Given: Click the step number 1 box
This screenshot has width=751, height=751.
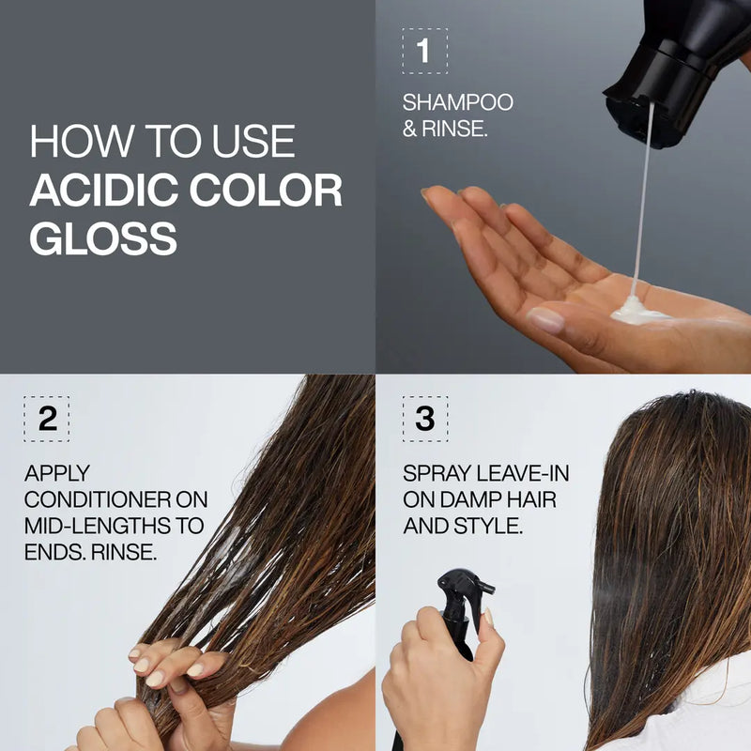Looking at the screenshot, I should [x=424, y=51].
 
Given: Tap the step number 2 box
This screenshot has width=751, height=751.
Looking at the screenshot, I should [x=46, y=419].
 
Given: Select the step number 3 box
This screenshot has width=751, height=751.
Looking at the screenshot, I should [x=424, y=419].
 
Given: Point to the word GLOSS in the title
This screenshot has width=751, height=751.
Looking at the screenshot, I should [x=103, y=238].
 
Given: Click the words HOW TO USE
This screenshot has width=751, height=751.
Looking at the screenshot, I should [x=162, y=142].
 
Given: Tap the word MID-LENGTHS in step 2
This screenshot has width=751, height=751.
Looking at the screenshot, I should [x=114, y=526].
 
